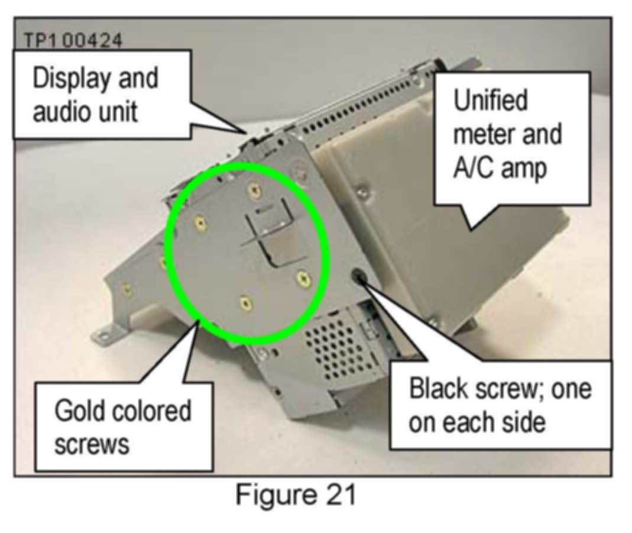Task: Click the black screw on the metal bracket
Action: coord(359,276)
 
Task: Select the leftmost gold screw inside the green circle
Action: coord(200,223)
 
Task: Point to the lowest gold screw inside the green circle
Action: coord(245,304)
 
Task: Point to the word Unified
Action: coord(491,101)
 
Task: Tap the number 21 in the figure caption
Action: coord(339,495)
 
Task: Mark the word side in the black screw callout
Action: coord(523,424)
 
